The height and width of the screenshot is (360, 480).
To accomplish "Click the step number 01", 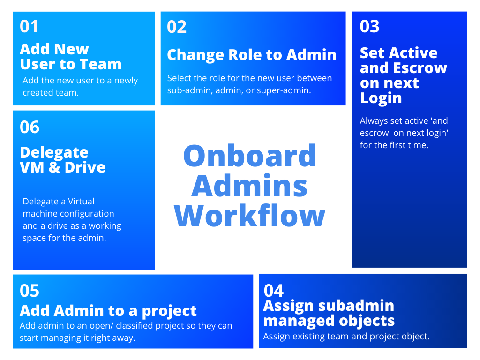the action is pyautogui.click(x=29, y=26).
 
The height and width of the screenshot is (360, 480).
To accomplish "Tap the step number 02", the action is pyautogui.click(x=177, y=27).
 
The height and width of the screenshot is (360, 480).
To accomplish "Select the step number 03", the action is pyautogui.click(x=369, y=26).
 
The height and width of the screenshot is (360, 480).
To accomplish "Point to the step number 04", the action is pyautogui.click(x=274, y=291).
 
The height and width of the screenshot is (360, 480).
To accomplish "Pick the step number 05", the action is pyautogui.click(x=30, y=291).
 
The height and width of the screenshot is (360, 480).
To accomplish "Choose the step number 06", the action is pyautogui.click(x=30, y=127).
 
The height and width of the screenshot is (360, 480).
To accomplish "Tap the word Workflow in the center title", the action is pyautogui.click(x=249, y=216).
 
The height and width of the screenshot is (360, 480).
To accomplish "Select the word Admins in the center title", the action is pyautogui.click(x=249, y=186).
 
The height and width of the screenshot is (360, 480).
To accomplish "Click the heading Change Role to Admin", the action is pyautogui.click(x=252, y=55).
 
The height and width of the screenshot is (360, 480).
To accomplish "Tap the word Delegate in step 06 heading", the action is pyautogui.click(x=54, y=152).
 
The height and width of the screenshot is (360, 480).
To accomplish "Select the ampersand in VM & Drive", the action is pyautogui.click(x=54, y=167).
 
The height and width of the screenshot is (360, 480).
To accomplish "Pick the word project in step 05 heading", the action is pyautogui.click(x=169, y=311).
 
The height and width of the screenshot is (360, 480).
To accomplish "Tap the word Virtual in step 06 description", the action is pyautogui.click(x=81, y=202).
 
